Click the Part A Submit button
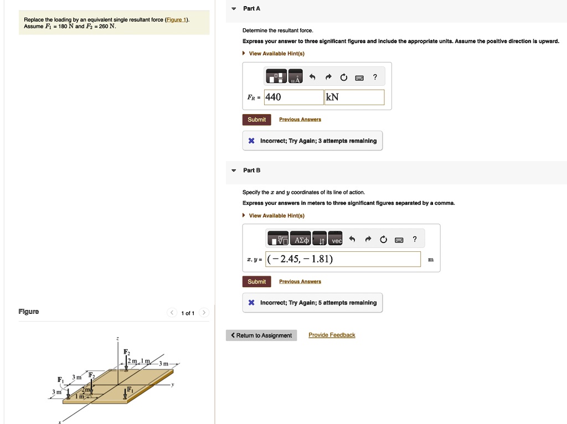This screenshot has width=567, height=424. (x=256, y=120)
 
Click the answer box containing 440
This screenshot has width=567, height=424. (x=293, y=97)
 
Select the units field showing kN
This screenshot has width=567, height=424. (x=354, y=97)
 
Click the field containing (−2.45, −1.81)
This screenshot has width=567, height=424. (x=343, y=259)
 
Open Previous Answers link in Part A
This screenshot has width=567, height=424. (x=300, y=120)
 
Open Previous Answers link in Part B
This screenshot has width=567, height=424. (x=300, y=282)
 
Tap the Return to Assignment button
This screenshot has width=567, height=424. (x=261, y=335)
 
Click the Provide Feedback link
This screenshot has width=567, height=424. (x=332, y=335)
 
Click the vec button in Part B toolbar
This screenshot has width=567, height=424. (x=336, y=239)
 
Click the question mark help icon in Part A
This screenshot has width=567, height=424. (x=375, y=77)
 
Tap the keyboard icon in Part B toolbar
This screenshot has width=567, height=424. (x=399, y=240)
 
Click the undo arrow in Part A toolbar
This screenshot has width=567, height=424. (x=312, y=77)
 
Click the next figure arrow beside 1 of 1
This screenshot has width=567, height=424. (x=204, y=313)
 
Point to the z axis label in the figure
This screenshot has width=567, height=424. (x=117, y=338)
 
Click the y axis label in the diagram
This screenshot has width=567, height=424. (x=173, y=386)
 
